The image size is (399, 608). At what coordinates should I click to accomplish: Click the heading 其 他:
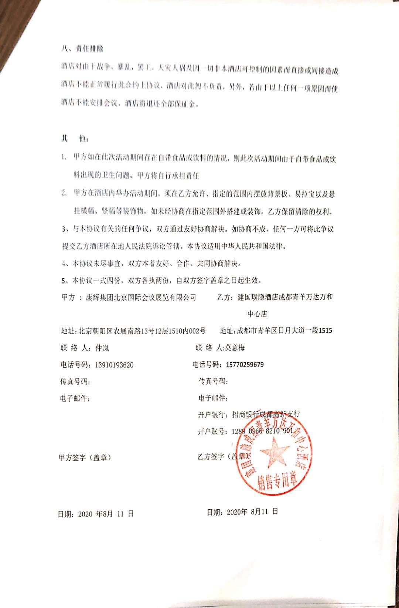(74, 139)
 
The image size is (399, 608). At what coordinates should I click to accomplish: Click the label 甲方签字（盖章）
(85, 458)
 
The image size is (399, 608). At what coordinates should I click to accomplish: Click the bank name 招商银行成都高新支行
(266, 414)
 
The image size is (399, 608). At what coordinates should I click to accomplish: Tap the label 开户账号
(213, 431)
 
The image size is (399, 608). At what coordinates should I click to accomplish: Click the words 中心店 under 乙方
(257, 314)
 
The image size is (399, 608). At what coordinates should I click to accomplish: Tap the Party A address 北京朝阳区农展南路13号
(122, 330)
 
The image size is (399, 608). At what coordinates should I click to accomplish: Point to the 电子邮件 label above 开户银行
(213, 398)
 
